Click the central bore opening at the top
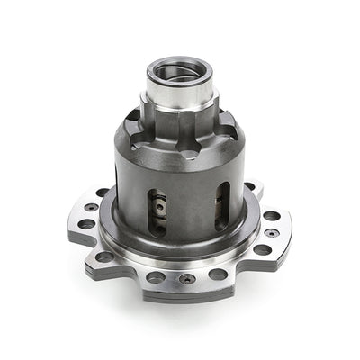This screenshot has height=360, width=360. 183,70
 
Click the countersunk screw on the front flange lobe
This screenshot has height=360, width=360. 187,279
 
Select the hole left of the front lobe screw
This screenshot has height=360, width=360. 156,275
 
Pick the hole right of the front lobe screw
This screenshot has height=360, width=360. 218,274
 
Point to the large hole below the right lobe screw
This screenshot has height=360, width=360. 262,249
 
